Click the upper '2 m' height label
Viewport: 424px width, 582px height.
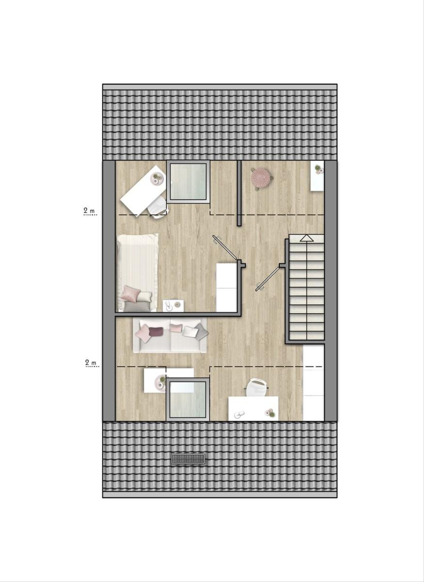[x=89, y=211]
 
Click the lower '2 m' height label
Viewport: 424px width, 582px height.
[x=91, y=362]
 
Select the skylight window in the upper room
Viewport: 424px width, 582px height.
[x=188, y=182]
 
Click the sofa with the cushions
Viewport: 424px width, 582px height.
[x=170, y=335]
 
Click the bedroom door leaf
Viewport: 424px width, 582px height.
[x=224, y=247]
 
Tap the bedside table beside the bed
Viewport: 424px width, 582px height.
[x=173, y=306]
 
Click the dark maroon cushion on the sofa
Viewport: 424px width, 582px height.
[x=156, y=331]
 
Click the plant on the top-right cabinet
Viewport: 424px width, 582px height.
[x=318, y=168]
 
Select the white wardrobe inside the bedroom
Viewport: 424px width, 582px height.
[x=227, y=287]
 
